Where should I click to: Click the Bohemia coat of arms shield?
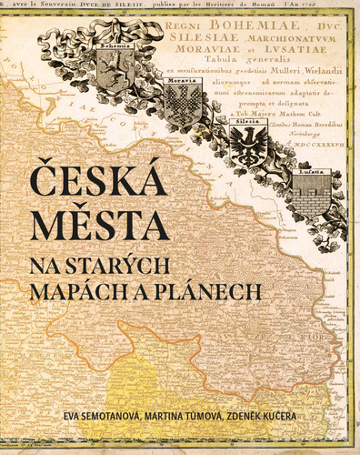(x=115, y=68)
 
